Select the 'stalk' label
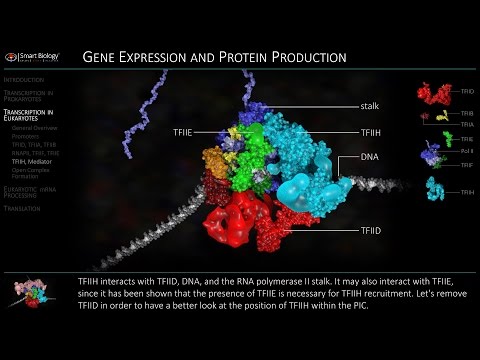click(x=369, y=106)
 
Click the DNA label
click(x=368, y=157)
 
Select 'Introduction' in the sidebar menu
click(x=23, y=78)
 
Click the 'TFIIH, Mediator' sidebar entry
click(x=34, y=161)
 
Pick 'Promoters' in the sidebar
click(x=27, y=137)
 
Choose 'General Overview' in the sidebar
click(x=34, y=129)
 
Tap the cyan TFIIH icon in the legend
click(x=434, y=186)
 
